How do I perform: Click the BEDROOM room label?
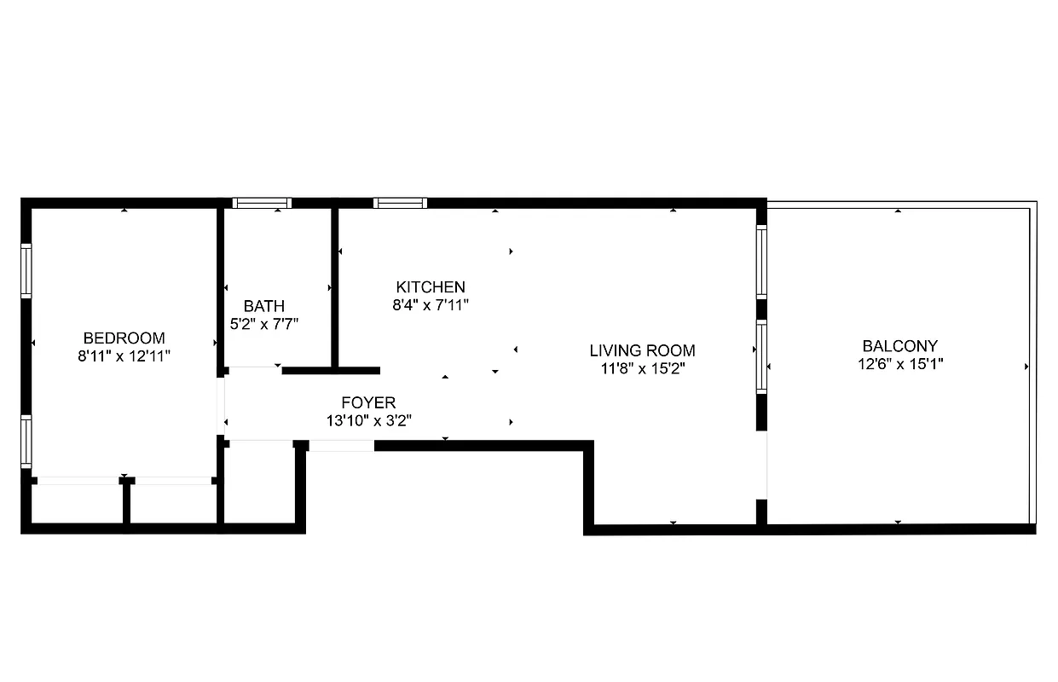pyautogui.click(x=124, y=338)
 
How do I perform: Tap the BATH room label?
pyautogui.click(x=263, y=306)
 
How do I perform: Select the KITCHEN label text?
pyautogui.click(x=431, y=286)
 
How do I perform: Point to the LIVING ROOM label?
pyautogui.click(x=642, y=350)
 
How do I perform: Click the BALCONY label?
pyautogui.click(x=899, y=346)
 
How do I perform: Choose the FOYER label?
pyautogui.click(x=368, y=402)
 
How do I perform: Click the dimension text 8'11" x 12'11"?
pyautogui.click(x=124, y=355)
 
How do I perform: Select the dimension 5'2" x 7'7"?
pyautogui.click(x=263, y=324)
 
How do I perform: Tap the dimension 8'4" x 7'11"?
pyautogui.click(x=431, y=304)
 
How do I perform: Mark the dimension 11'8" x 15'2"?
pyautogui.click(x=642, y=368)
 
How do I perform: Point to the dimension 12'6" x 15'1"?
pyautogui.click(x=899, y=364)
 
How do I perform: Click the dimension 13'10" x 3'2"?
pyautogui.click(x=368, y=420)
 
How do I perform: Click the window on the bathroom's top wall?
pyautogui.click(x=263, y=203)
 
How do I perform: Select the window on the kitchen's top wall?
pyautogui.click(x=400, y=203)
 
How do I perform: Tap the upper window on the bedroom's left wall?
pyautogui.click(x=26, y=270)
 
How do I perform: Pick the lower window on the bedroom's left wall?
pyautogui.click(x=26, y=441)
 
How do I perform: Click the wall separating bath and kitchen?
pyautogui.click(x=335, y=286)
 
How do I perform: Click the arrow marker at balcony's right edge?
pyautogui.click(x=1026, y=367)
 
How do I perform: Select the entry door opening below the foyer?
pyautogui.click(x=341, y=445)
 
